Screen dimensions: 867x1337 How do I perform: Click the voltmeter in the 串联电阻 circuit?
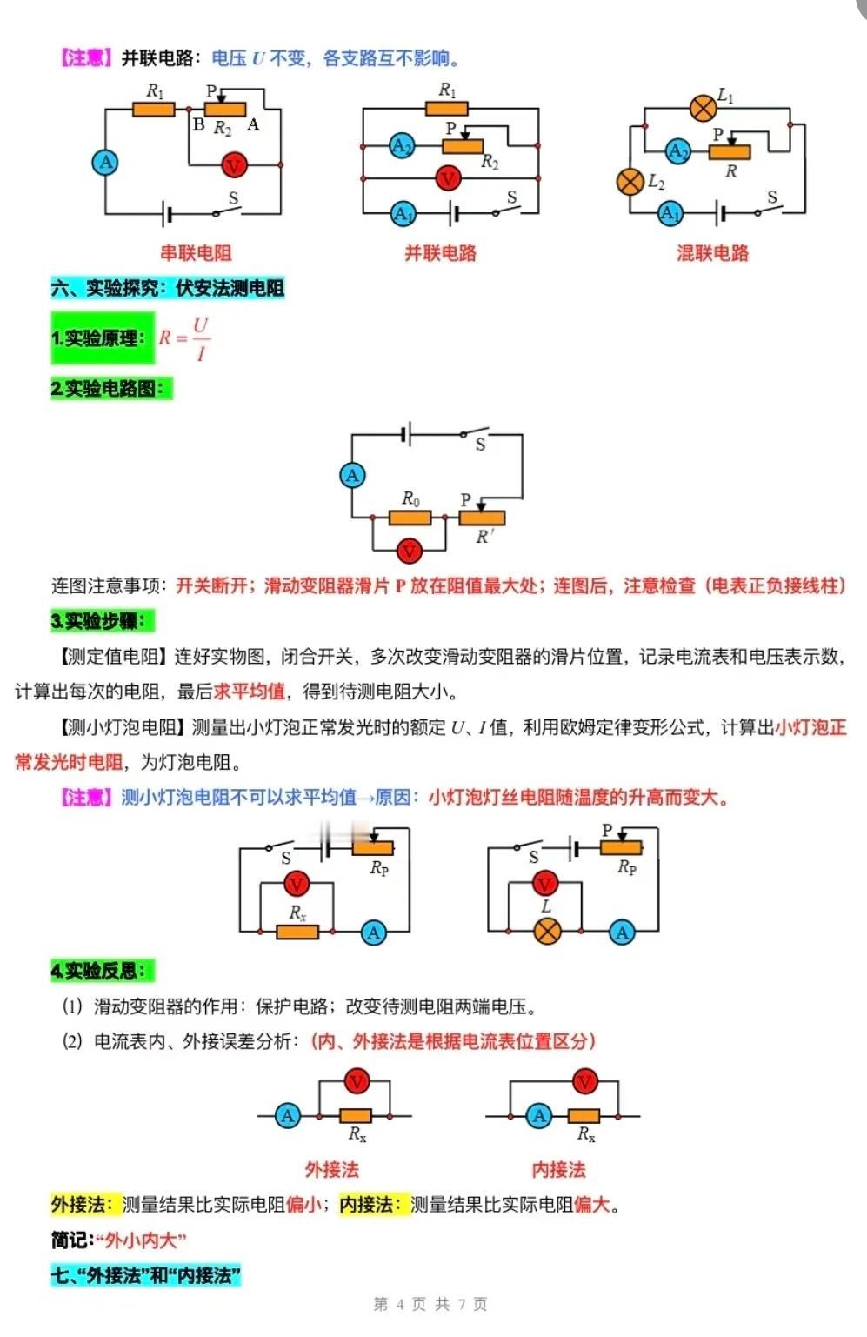click(234, 164)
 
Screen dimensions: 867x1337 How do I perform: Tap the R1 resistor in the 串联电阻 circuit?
click(153, 110)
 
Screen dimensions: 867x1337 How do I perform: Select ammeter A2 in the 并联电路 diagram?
click(402, 145)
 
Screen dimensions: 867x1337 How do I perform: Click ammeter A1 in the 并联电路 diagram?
click(403, 214)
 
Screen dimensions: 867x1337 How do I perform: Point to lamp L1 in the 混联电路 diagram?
click(703, 108)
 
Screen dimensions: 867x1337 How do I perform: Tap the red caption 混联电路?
click(712, 253)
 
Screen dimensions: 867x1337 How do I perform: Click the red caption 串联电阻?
click(196, 253)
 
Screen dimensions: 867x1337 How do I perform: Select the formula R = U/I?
click(184, 338)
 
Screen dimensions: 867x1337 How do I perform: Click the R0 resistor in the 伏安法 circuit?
click(410, 518)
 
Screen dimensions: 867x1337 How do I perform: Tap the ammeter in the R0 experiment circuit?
click(353, 475)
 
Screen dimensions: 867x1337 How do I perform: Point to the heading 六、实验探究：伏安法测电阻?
click(168, 288)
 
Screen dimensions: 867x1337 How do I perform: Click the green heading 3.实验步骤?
click(103, 621)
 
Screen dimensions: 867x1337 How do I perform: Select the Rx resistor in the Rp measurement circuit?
click(297, 932)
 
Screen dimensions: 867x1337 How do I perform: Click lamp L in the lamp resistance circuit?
click(547, 931)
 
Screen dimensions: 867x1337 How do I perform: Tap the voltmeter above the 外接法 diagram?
click(357, 1081)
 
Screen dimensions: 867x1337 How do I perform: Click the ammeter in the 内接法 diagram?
click(539, 1115)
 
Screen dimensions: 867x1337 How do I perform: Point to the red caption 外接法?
click(332, 1169)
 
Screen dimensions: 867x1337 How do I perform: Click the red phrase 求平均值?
click(249, 692)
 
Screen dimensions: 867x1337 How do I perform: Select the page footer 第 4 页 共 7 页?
click(430, 1304)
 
